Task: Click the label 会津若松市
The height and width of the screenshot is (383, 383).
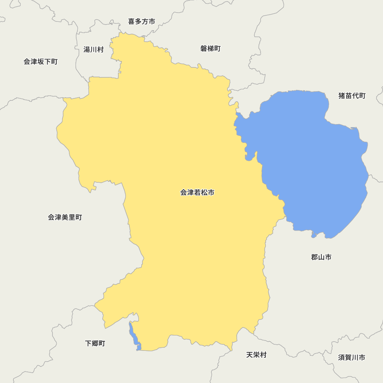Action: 197,193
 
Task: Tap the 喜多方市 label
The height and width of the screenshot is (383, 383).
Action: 142,22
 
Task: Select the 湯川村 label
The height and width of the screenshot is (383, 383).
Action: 93,49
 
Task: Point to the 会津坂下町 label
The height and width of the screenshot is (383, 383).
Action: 41,62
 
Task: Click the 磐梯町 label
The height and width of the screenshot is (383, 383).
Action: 210,49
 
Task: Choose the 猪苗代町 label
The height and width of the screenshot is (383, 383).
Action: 352,96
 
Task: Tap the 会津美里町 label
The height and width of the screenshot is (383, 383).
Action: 65,218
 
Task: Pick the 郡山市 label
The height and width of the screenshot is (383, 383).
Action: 321,257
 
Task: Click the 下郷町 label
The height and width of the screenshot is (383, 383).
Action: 95,343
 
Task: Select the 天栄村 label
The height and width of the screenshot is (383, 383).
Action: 256,355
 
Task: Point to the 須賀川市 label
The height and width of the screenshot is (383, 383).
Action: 352,358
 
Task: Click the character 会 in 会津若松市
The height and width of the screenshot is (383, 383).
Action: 184,193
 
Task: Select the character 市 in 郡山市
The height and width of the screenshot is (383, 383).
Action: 328,257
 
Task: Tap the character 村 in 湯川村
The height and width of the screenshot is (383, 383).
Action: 100,49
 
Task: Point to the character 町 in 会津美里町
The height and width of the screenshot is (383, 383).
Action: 79,218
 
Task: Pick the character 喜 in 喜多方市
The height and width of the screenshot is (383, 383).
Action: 131,22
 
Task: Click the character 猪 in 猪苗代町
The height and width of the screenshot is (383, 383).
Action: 342,96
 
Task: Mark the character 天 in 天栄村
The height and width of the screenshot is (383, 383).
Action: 249,355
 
